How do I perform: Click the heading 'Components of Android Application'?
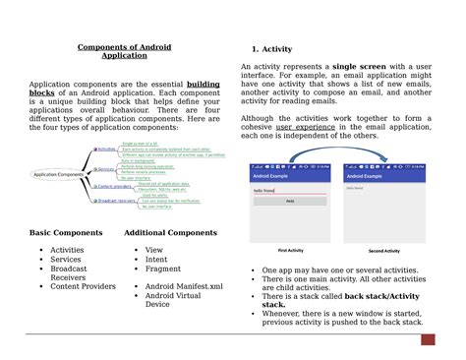pyautogui.click(x=117, y=50)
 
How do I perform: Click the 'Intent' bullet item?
pyautogui.click(x=158, y=260)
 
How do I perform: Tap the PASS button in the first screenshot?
pyautogui.click(x=290, y=200)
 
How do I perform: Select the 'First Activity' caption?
pyautogui.click(x=291, y=250)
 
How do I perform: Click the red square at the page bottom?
pyautogui.click(x=428, y=340)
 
